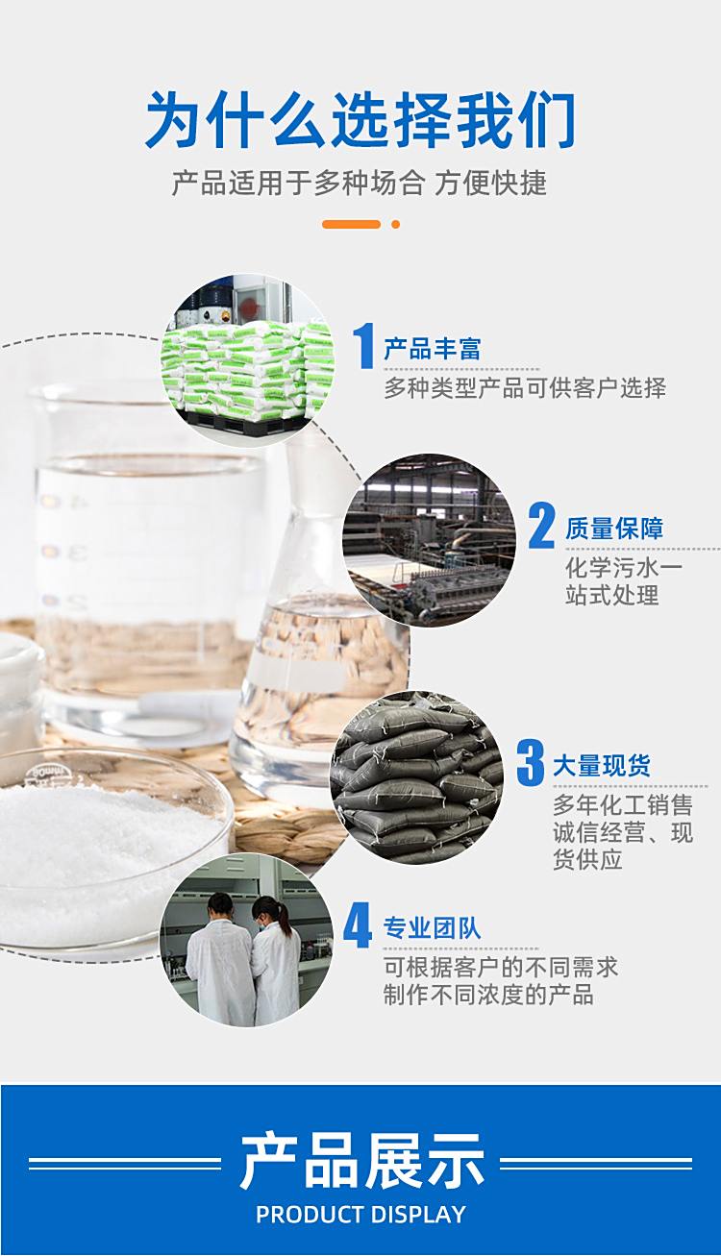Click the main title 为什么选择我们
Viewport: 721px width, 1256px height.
pos(360,120)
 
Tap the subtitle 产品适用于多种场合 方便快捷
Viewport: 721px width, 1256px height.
pos(360,184)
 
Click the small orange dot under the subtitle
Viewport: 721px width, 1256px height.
pos(395,224)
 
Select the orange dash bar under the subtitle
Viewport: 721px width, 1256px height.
pos(351,224)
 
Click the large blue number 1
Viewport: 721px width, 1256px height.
pos(364,346)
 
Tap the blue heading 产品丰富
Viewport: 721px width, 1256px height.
pos(432,349)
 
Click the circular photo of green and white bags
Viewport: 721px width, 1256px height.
pos(247,360)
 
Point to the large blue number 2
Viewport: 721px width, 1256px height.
pos(542,526)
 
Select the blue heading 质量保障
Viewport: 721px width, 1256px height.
pos(614,529)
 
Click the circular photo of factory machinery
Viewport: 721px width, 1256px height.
pos(429,540)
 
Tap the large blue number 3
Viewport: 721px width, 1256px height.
pos(531,762)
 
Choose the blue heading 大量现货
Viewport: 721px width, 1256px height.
pos(602,765)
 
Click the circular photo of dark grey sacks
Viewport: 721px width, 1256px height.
pos(415,777)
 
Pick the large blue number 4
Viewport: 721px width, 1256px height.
pos(358,925)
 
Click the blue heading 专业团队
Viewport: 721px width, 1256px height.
pos(432,928)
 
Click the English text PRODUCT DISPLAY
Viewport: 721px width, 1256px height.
pos(360,1214)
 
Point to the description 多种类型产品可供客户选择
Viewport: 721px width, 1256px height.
pos(525,388)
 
